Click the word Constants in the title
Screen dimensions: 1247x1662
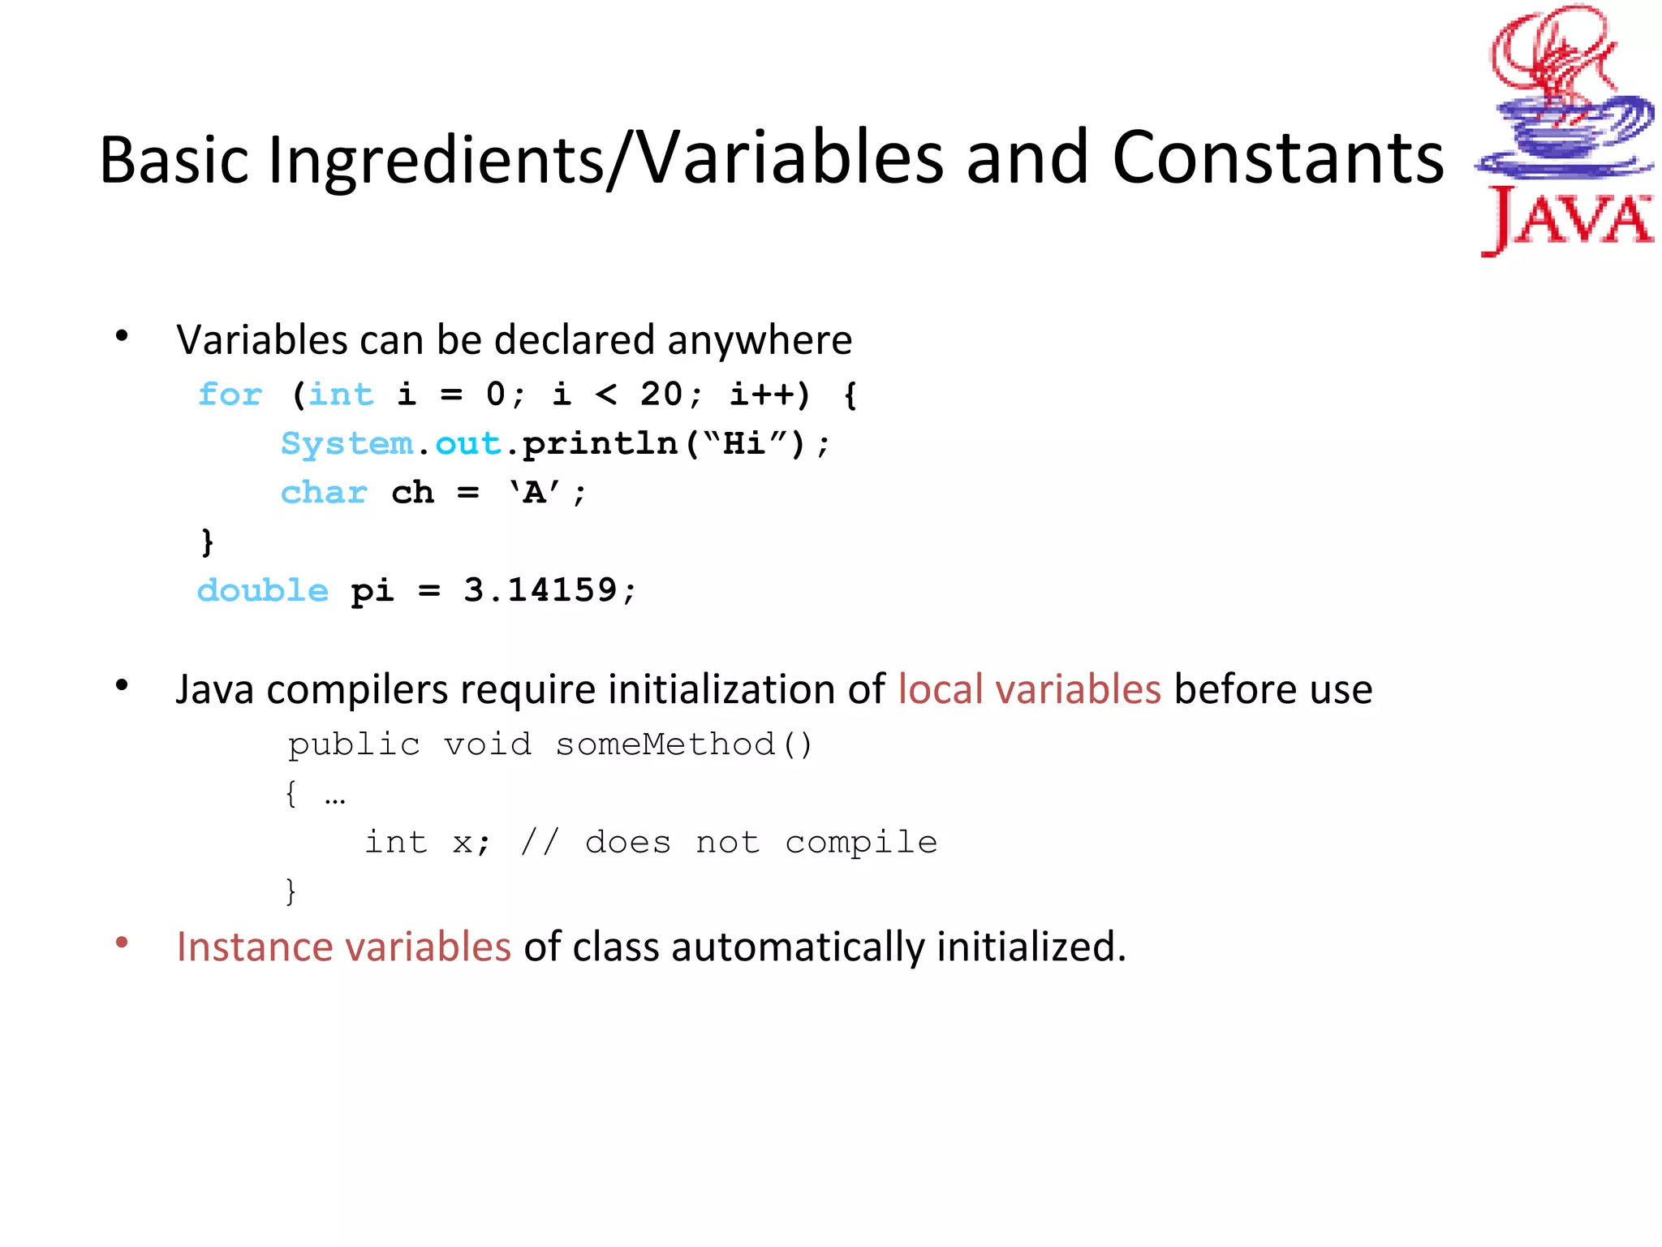point(1277,157)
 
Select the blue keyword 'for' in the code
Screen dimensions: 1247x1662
point(230,395)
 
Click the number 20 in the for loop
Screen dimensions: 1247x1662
point(661,395)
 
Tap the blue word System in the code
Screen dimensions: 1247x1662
point(347,444)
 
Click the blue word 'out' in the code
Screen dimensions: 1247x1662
point(468,444)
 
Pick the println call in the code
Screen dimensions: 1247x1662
point(600,444)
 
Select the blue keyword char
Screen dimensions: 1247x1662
point(324,493)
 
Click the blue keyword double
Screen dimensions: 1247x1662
point(263,590)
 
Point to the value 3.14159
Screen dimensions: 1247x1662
point(540,590)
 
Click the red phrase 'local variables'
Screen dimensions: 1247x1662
point(1029,689)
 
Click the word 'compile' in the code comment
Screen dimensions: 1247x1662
point(861,843)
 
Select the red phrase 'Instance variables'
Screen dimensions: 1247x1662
point(344,947)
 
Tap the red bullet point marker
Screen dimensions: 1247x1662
point(123,943)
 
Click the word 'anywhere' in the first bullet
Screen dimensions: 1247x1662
point(760,340)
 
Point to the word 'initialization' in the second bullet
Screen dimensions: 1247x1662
point(723,689)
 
